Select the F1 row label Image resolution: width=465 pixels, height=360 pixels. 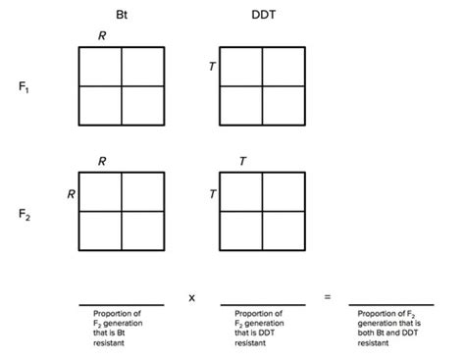click(x=24, y=86)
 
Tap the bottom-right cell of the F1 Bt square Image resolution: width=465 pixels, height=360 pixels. click(x=142, y=105)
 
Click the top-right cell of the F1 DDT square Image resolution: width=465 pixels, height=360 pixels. click(x=284, y=67)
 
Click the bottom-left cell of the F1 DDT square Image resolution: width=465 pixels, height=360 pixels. click(x=240, y=105)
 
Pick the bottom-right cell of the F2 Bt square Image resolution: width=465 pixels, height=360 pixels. click(x=142, y=231)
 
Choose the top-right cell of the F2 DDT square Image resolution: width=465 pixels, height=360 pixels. click(x=284, y=191)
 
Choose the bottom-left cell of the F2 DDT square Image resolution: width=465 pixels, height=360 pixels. click(x=240, y=231)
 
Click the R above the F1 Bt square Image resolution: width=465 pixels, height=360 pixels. click(x=101, y=36)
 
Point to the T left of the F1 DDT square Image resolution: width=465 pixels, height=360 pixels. click(x=211, y=67)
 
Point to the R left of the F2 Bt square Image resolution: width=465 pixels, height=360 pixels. click(x=71, y=194)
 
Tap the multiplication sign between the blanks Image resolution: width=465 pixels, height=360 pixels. click(x=191, y=296)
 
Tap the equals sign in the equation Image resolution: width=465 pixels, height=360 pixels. click(x=327, y=296)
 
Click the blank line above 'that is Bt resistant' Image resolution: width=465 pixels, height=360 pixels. click(x=121, y=305)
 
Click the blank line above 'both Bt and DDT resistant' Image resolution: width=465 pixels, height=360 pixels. click(x=391, y=305)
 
